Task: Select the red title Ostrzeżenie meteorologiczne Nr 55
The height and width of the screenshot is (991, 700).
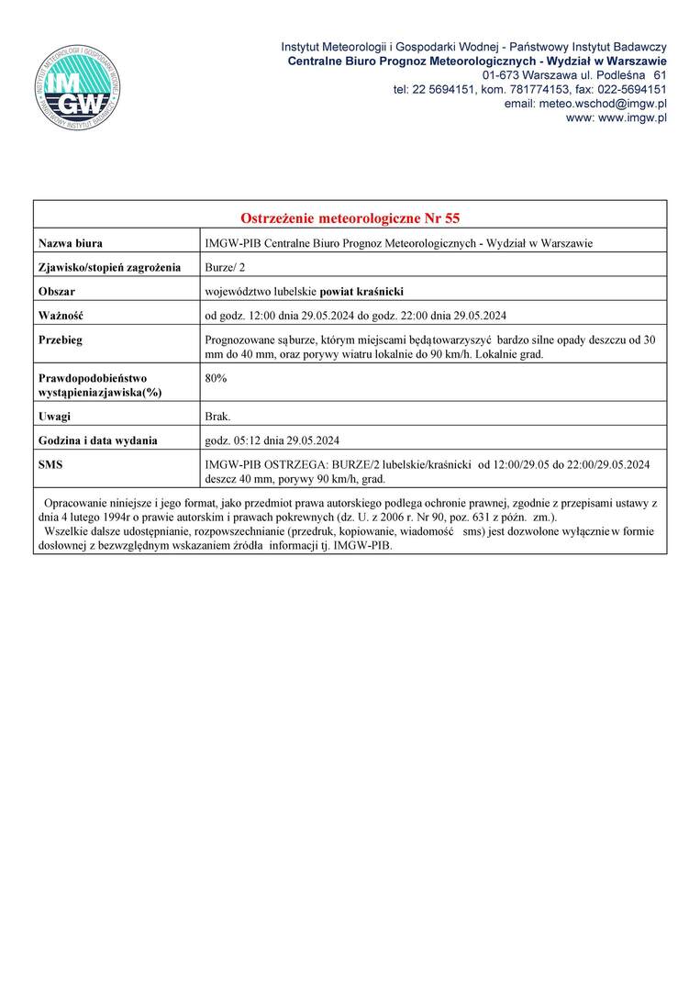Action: [x=350, y=218]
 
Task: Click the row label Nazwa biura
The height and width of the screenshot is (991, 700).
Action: [x=70, y=243]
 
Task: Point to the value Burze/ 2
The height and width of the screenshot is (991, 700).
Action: [x=226, y=267]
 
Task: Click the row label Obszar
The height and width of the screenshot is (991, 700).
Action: [x=56, y=292]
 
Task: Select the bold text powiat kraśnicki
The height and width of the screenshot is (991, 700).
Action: [x=361, y=292]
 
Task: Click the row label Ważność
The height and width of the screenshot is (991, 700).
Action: [x=61, y=316]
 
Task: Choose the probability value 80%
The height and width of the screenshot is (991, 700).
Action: [x=217, y=378]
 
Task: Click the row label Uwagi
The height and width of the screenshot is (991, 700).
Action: [x=54, y=417]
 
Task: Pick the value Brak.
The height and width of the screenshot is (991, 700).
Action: [x=218, y=417]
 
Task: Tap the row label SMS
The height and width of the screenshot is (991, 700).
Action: [x=50, y=465]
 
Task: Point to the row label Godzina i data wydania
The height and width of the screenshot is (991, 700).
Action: [x=97, y=440]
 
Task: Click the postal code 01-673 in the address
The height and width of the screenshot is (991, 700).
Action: [x=501, y=74]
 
